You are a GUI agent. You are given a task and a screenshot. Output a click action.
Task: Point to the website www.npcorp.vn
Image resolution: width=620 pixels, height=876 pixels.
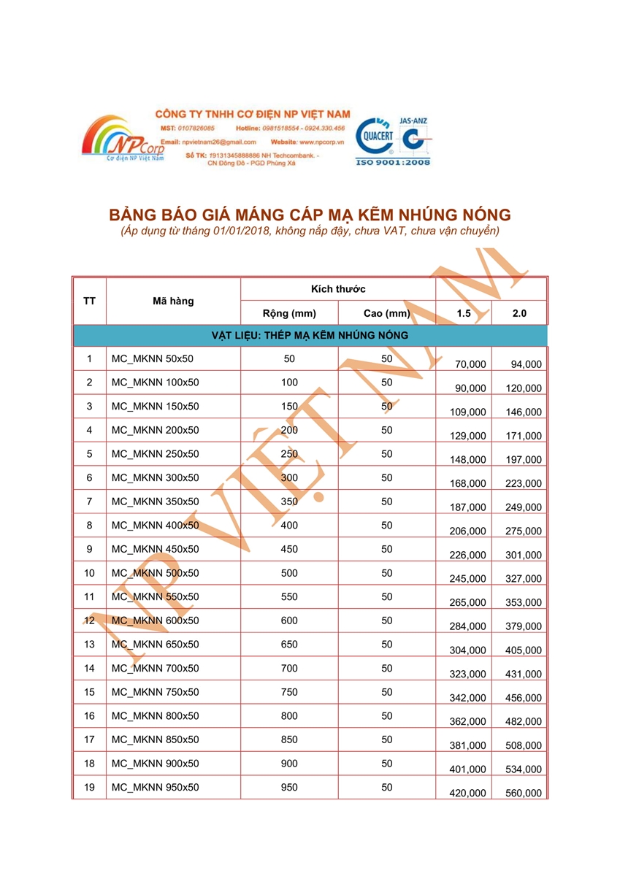pyautogui.click(x=312, y=142)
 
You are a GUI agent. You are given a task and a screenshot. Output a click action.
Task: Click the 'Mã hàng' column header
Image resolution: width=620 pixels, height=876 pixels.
pyautogui.click(x=173, y=301)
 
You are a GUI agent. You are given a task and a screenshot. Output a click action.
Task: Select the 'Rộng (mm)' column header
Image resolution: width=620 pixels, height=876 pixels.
pyautogui.click(x=289, y=314)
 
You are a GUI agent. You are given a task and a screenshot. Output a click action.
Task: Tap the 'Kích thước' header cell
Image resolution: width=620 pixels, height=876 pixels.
pyautogui.click(x=338, y=289)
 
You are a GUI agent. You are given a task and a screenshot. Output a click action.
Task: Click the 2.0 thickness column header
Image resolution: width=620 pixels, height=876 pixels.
pyautogui.click(x=519, y=314)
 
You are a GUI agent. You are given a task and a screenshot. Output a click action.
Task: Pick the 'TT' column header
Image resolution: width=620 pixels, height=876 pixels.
pyautogui.click(x=89, y=301)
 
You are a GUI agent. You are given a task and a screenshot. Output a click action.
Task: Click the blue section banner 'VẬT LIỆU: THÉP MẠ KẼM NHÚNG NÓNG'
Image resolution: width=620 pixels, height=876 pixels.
pyautogui.click(x=310, y=336)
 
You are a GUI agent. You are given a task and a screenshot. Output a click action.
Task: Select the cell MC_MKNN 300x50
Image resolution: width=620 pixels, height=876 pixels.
pyautogui.click(x=155, y=478)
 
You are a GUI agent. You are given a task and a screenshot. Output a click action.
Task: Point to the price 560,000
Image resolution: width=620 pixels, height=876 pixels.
pyautogui.click(x=523, y=793)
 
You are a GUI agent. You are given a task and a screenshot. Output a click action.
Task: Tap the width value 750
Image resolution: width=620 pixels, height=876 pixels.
pyautogui.click(x=289, y=692)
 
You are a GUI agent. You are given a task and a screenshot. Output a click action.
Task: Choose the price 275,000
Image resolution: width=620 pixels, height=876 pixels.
pyautogui.click(x=523, y=531)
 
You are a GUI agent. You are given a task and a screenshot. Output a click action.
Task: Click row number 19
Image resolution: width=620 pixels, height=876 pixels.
pyautogui.click(x=89, y=788)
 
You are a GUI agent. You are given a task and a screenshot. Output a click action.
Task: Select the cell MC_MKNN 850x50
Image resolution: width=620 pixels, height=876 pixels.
pyautogui.click(x=155, y=739)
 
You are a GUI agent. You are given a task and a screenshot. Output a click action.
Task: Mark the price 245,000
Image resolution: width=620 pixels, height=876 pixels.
pyautogui.click(x=468, y=578)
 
